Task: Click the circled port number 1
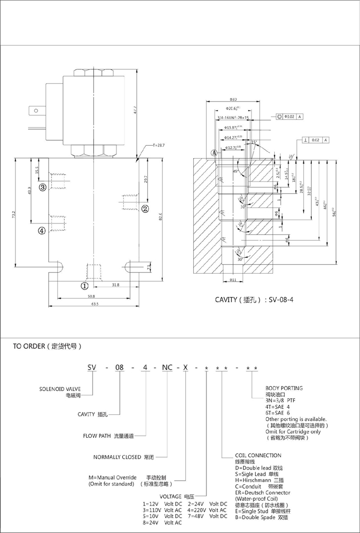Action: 84,286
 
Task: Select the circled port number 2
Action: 144,209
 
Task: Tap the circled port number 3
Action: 42,186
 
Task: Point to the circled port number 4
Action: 42,230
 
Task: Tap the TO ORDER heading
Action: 47,347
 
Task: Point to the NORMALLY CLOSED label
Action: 117,457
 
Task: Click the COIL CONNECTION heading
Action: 258,455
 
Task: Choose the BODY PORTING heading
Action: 284,388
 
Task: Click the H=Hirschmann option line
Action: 260,480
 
